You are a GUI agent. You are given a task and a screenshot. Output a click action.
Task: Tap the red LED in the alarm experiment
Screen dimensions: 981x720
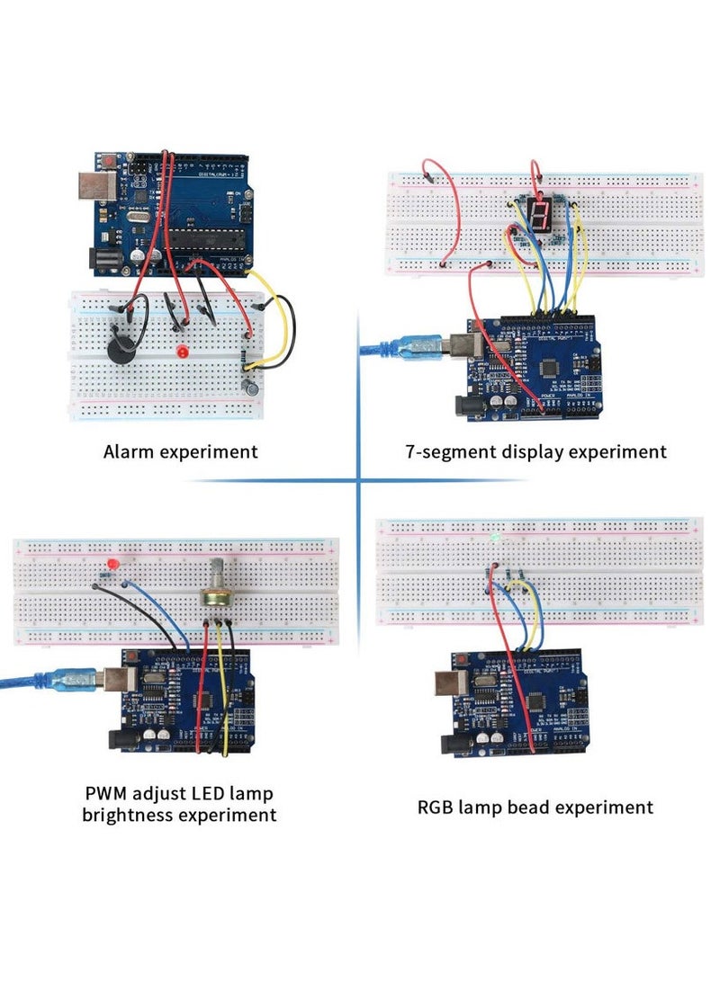[x=183, y=350]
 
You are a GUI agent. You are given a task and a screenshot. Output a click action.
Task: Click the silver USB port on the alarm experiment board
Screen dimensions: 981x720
[x=92, y=187]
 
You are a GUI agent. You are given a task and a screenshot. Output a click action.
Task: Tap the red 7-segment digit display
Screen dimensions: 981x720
[x=540, y=213]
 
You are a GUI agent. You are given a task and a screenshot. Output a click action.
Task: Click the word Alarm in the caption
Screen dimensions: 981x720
[x=129, y=451]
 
